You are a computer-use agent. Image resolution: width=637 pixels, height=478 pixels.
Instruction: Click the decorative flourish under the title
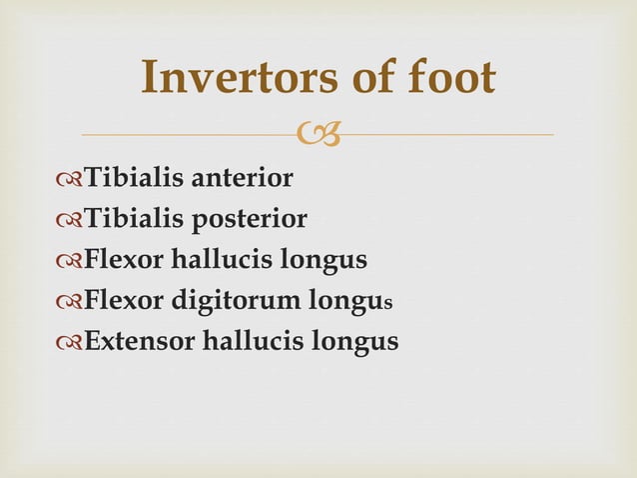[318, 133]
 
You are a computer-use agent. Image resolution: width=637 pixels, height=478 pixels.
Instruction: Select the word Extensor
[140, 342]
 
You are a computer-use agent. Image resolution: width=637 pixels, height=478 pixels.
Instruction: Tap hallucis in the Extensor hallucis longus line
[253, 342]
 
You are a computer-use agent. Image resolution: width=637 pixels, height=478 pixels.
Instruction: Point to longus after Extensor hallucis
[356, 342]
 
